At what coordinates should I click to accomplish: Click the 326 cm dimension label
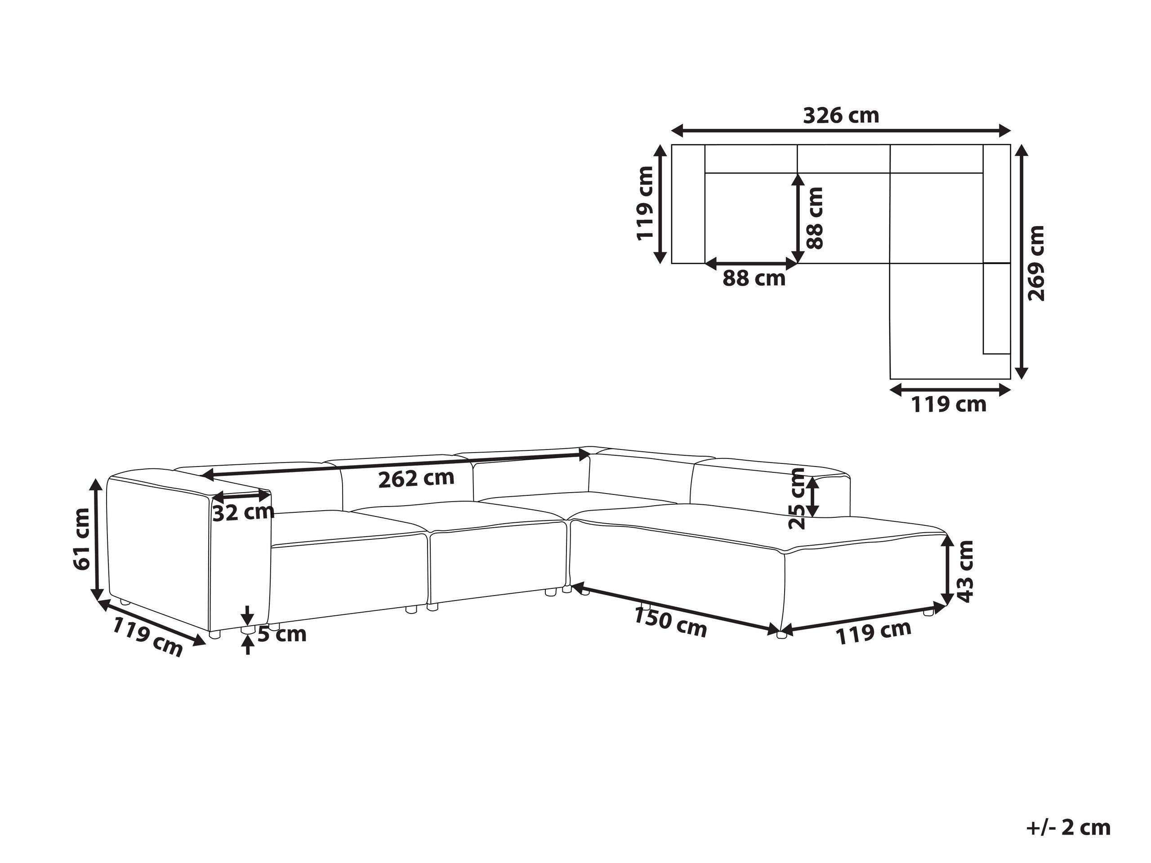coord(841,116)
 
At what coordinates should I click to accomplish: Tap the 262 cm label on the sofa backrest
coord(416,478)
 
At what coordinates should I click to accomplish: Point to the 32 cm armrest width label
coord(243,513)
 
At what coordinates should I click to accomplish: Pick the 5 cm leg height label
coord(281,634)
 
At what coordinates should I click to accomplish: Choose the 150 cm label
coord(669,622)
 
